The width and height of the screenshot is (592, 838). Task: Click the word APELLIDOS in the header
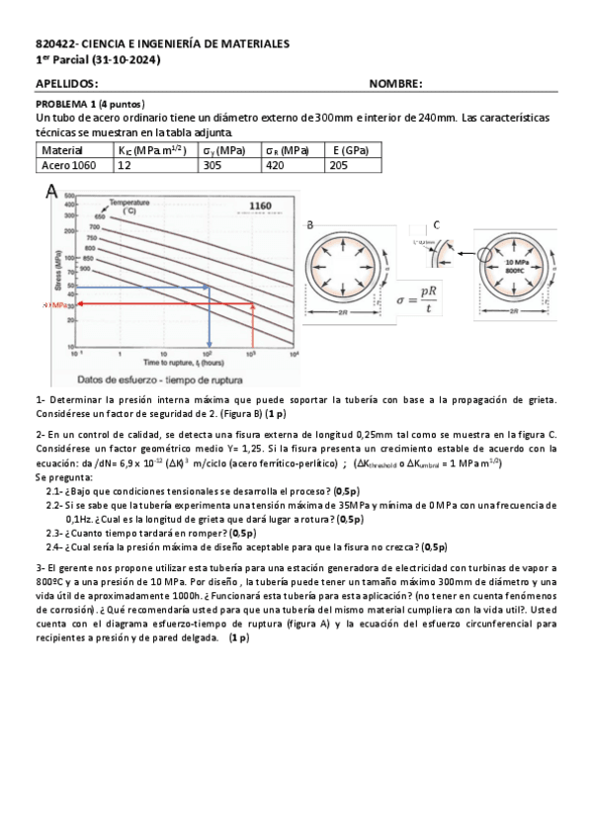point(67,85)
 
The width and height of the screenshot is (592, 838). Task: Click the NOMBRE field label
point(395,85)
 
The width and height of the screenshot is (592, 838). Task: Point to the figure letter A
point(51,194)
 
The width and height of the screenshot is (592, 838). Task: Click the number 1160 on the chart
point(260,206)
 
